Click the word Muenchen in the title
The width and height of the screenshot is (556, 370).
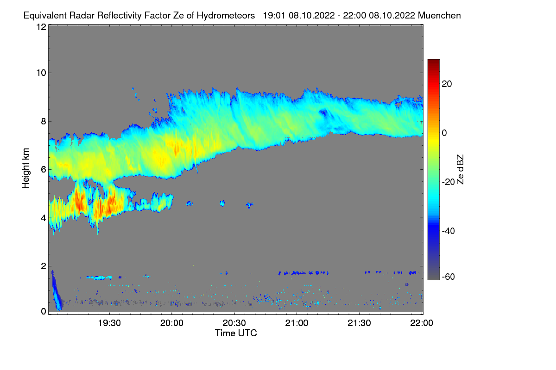coord(439,15)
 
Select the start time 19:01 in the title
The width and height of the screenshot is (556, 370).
coord(274,15)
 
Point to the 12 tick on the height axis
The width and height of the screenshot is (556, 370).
coord(41,27)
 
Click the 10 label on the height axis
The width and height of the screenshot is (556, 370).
coord(41,73)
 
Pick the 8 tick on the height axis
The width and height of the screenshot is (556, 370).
coord(43,122)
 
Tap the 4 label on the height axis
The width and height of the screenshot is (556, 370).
coord(43,217)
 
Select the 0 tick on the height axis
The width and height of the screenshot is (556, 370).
coord(43,311)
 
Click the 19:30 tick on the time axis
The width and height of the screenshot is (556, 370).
coord(109,323)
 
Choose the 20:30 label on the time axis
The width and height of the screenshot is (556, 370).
coord(234,323)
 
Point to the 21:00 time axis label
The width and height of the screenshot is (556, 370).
coord(297,323)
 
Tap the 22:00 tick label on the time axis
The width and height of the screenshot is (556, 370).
coord(422,323)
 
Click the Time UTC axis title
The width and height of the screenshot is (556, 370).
coord(235,333)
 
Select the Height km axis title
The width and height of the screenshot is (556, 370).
coord(26,168)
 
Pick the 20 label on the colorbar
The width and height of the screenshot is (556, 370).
coord(447,84)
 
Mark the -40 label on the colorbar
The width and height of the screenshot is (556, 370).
coord(449,231)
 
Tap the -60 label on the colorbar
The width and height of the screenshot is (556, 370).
coord(449,277)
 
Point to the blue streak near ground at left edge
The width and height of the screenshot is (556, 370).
coord(56,291)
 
